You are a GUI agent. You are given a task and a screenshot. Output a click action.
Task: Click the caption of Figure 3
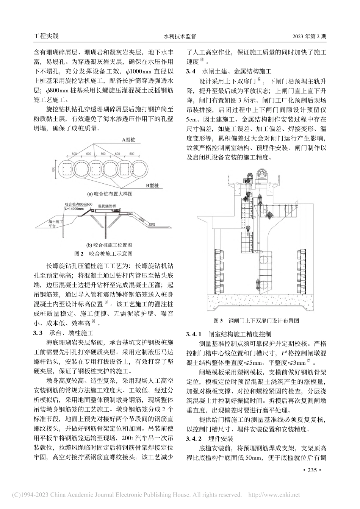click(257, 320)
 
